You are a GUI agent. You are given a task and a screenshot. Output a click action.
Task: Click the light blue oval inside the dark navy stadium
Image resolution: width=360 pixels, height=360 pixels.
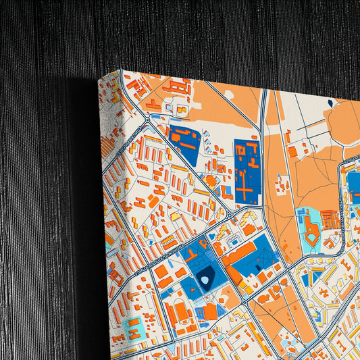coord(205,278)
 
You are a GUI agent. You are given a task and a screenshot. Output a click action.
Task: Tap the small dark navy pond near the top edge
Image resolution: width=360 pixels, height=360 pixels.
coord(330,103)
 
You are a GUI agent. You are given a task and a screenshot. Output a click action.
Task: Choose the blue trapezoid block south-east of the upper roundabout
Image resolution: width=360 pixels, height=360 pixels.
coord(184,142)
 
